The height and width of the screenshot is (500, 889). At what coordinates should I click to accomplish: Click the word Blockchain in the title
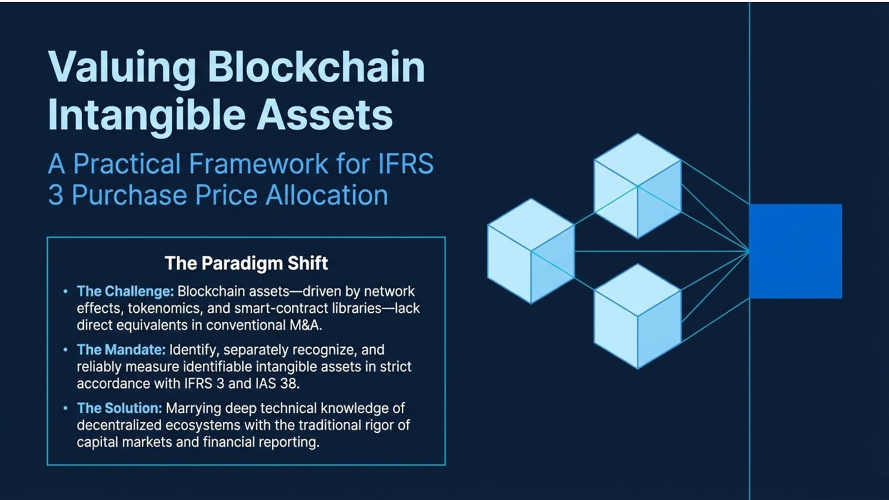tap(316, 68)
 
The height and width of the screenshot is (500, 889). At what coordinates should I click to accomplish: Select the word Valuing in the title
tap(122, 68)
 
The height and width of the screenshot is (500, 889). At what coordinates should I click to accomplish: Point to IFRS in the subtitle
tap(406, 164)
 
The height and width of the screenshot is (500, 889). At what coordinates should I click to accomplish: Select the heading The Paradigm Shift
tap(246, 263)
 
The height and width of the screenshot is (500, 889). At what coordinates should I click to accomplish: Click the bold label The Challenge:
tap(126, 291)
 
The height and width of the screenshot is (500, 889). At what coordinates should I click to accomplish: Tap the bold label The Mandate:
tap(121, 349)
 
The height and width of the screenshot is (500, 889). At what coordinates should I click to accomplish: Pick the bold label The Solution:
tap(119, 408)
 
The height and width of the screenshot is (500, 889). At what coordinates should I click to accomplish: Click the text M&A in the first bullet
tap(304, 325)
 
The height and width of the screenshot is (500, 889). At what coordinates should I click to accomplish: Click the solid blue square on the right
tap(795, 251)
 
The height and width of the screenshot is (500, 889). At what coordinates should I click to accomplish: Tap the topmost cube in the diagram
tap(637, 186)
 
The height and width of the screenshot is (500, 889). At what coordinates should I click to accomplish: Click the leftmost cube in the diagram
tap(531, 251)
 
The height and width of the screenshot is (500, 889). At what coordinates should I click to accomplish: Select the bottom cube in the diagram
tap(637, 316)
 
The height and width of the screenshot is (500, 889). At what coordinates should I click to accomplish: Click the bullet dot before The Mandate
tap(66, 349)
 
